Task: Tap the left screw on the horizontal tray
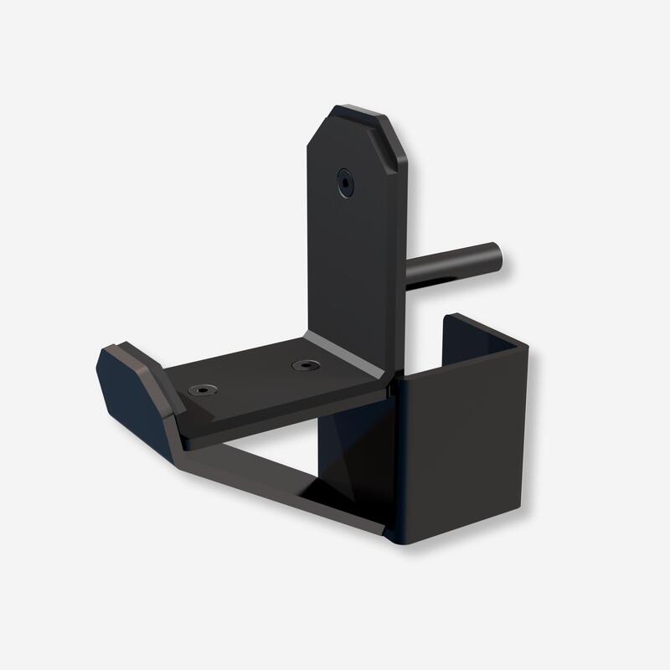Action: (201, 389)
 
